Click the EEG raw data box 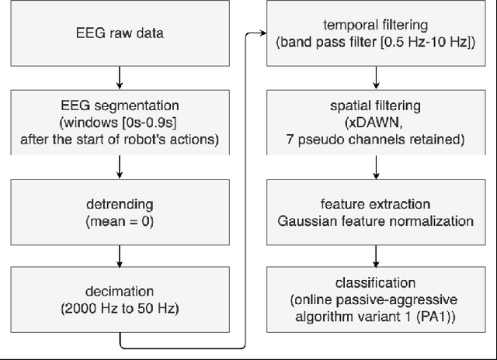(x=119, y=34)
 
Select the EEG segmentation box (x=119, y=123)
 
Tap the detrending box (x=119, y=212)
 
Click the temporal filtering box (x=377, y=34)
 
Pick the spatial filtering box (x=377, y=123)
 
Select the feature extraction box (x=377, y=212)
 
